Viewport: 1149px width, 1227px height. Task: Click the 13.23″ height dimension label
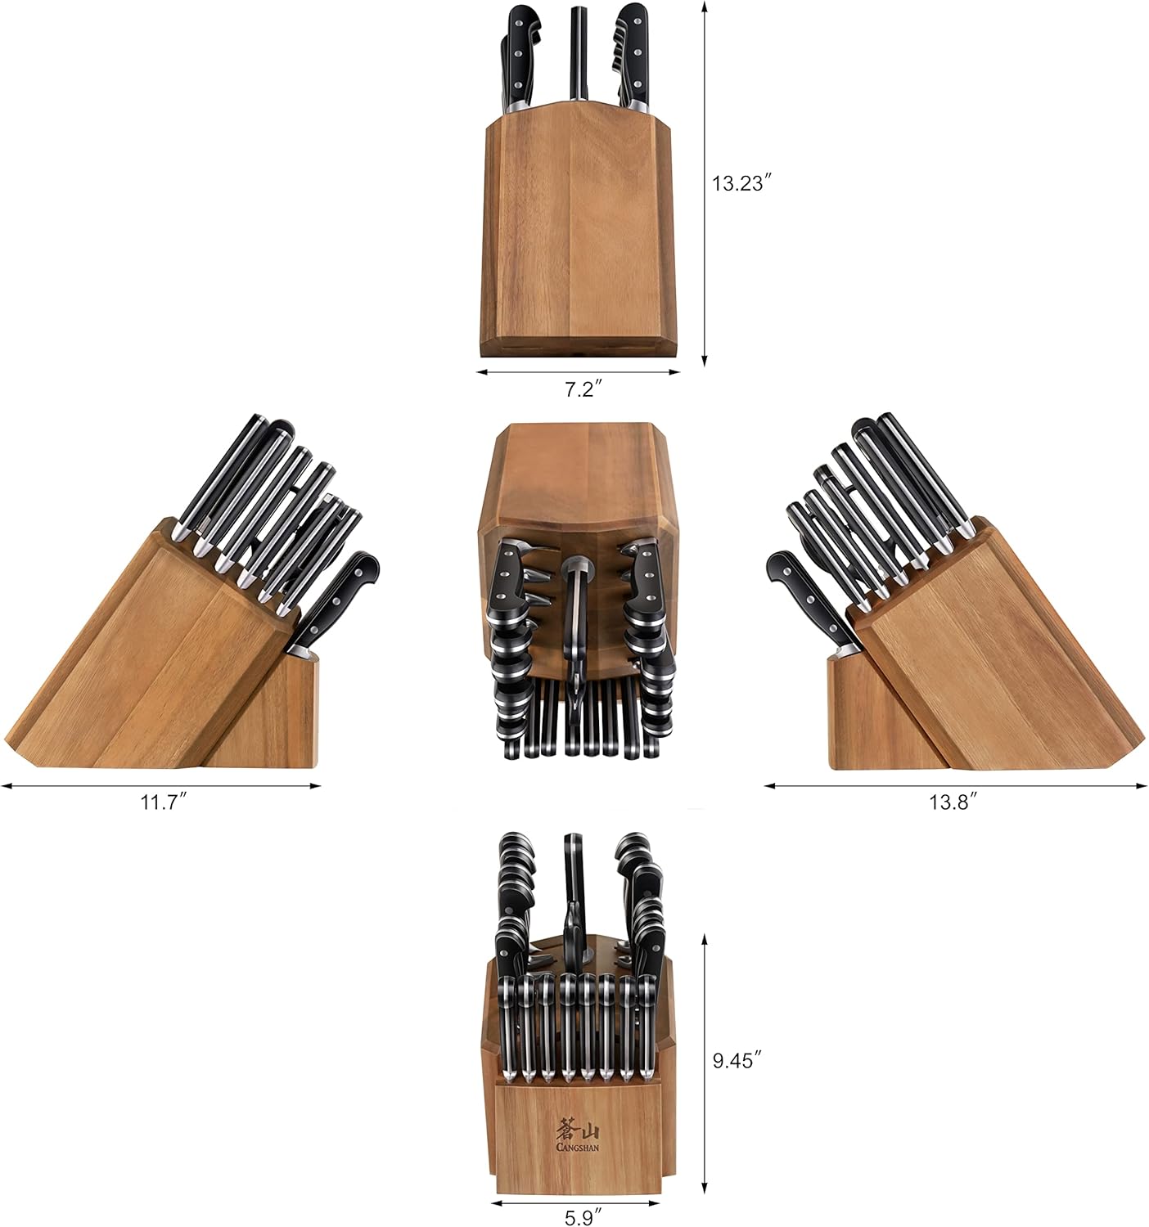[742, 183]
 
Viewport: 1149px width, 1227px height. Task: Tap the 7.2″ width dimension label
[583, 389]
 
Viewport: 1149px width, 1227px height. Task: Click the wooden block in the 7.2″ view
[579, 233]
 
